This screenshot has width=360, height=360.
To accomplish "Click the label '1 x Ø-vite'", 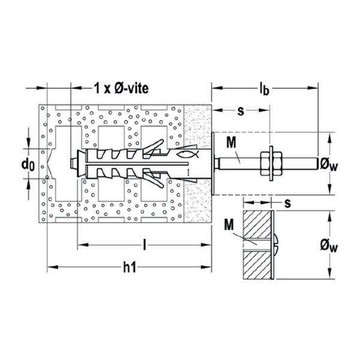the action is tap(121, 88).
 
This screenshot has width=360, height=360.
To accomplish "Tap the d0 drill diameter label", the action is tap(28, 164).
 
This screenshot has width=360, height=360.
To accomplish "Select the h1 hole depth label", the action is tap(130, 267).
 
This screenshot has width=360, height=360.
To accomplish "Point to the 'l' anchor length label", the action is tap(145, 245).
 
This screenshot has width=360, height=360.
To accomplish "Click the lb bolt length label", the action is tap(264, 89).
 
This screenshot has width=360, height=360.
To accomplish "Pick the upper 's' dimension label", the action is tap(241, 111).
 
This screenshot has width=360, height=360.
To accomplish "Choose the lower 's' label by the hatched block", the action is tap(287, 203).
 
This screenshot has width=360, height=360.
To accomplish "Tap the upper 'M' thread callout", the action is tap(231, 142).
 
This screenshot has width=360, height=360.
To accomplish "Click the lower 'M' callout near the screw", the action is tap(229, 224).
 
